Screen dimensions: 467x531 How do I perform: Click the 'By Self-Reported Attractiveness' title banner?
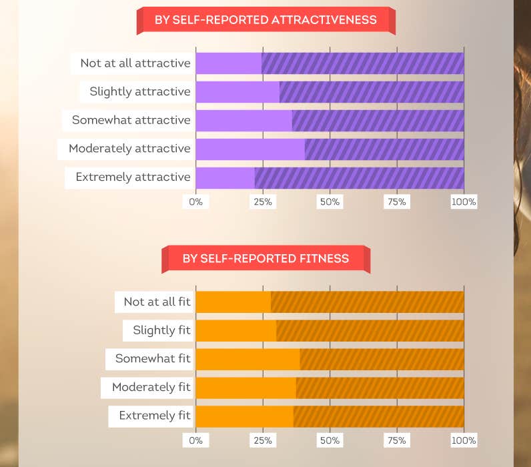(x=265, y=20)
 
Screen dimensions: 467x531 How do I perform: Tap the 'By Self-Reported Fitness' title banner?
(x=265, y=258)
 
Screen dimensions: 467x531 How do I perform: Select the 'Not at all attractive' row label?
(x=135, y=63)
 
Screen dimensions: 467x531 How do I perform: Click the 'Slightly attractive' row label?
(x=140, y=91)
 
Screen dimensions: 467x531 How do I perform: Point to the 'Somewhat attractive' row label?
(x=131, y=120)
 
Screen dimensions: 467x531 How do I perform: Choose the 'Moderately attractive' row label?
(x=129, y=148)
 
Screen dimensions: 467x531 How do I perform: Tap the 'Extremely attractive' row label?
(x=133, y=177)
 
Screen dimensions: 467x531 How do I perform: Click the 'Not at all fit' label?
(x=157, y=302)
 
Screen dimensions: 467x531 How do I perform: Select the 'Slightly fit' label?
(x=161, y=330)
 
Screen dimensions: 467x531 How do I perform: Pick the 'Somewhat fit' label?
(x=153, y=358)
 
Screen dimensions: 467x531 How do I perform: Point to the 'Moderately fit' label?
(x=151, y=387)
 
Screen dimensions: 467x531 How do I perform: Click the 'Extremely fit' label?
(x=155, y=415)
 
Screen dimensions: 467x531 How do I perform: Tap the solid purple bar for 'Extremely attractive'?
(x=225, y=177)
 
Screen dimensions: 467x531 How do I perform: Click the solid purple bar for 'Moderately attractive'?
(x=249, y=148)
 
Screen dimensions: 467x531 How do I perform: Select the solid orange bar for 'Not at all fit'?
(x=233, y=302)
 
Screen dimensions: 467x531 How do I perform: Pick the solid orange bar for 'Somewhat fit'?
(x=247, y=358)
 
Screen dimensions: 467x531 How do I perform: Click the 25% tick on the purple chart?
(x=263, y=201)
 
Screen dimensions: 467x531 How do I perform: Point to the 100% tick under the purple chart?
(x=464, y=201)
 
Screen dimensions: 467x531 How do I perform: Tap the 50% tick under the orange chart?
(x=330, y=440)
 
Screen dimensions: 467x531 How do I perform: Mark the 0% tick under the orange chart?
(x=195, y=440)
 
